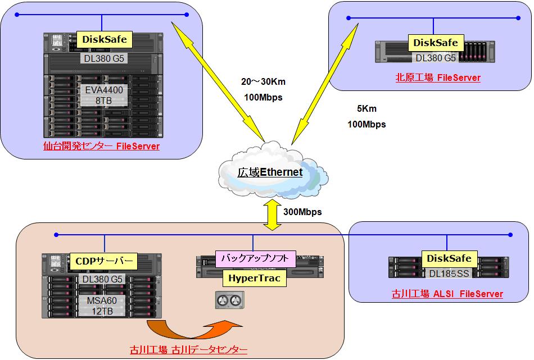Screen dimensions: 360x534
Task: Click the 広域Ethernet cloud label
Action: click(270, 172)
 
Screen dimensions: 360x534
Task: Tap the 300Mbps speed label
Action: click(303, 212)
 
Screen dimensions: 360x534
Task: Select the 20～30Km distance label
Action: click(263, 82)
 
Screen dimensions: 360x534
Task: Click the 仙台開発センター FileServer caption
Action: click(101, 147)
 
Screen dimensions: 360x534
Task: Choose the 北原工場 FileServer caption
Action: click(438, 78)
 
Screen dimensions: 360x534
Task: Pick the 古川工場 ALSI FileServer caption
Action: click(447, 294)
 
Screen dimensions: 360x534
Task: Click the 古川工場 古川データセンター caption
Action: click(188, 350)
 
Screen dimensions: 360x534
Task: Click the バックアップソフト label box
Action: click(255, 259)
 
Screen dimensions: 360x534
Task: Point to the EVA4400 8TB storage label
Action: click(104, 95)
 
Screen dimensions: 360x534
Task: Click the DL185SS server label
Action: click(449, 274)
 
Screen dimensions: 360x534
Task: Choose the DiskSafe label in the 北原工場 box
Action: click(435, 43)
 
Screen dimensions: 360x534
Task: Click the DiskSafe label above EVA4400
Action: click(105, 39)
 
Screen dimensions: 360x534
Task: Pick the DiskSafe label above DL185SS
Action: click(450, 258)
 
